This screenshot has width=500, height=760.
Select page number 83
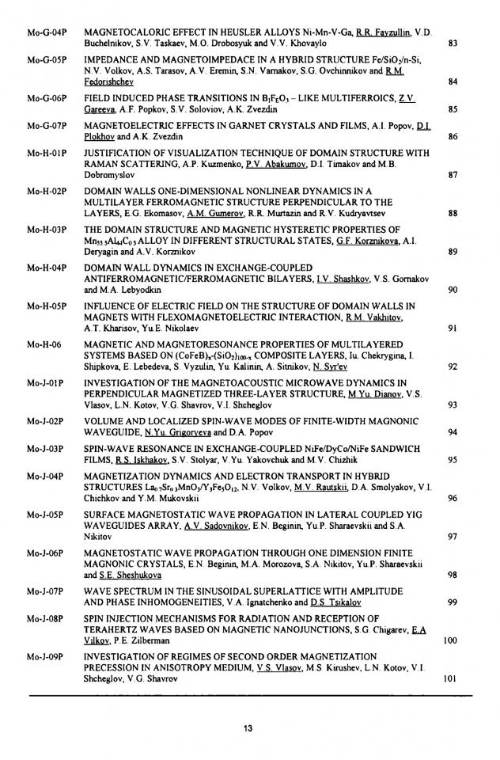[x=453, y=43]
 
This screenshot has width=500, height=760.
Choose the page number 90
[x=453, y=290]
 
